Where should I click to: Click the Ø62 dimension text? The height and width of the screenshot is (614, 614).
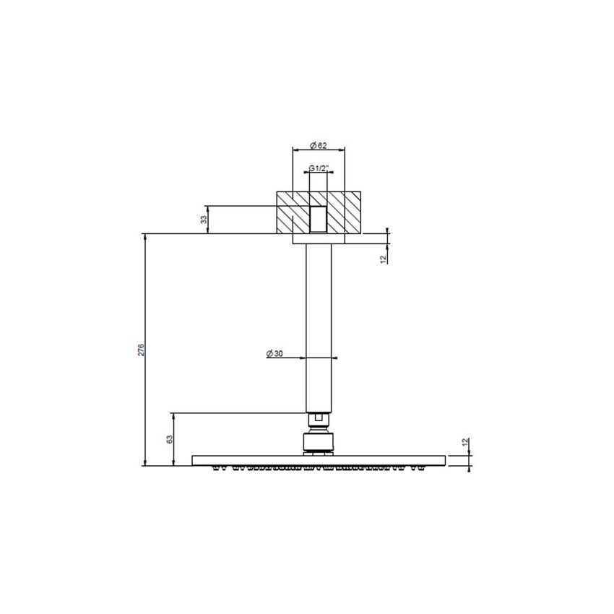click(319, 145)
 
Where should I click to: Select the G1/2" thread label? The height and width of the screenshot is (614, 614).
click(319, 168)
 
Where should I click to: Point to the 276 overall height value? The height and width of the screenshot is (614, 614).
click(142, 350)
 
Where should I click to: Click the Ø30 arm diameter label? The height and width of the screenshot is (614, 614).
click(274, 353)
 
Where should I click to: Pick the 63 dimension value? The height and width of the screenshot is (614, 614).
click(169, 439)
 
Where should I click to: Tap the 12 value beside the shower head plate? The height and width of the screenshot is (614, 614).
click(466, 441)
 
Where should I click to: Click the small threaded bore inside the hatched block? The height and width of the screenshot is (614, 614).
click(319, 219)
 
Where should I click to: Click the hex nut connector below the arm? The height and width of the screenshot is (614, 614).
click(319, 418)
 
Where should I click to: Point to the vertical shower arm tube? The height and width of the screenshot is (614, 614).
click(319, 325)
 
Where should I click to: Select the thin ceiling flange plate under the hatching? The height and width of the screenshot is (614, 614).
click(319, 238)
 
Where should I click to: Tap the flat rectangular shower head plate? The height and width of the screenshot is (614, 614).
click(319, 460)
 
